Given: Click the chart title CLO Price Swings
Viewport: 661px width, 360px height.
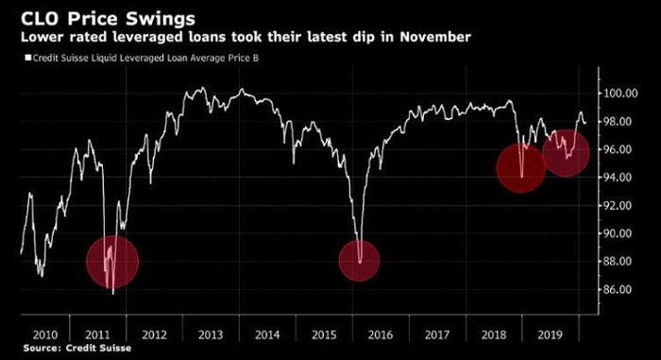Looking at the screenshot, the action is click(x=108, y=18).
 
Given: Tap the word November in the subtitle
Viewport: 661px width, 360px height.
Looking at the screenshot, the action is click(x=435, y=37).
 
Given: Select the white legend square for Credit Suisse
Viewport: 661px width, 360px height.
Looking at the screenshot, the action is click(x=28, y=58).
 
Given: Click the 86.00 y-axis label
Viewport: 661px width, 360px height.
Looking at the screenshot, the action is click(x=618, y=289).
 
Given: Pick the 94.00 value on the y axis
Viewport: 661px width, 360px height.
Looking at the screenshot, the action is click(x=618, y=178).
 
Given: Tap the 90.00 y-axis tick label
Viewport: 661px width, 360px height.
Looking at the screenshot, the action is click(x=618, y=233).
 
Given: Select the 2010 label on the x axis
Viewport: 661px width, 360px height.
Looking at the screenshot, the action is click(x=45, y=334).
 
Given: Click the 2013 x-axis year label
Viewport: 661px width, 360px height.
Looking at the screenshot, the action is click(x=211, y=334).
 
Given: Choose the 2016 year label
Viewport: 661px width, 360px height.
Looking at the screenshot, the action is click(x=381, y=334).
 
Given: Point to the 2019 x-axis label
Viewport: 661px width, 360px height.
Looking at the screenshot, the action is click(x=551, y=334).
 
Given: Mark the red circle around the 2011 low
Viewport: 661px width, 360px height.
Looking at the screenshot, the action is click(x=112, y=262).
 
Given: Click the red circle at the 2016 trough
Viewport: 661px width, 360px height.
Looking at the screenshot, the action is click(x=359, y=261).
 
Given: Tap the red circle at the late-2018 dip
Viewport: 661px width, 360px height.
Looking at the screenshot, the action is click(x=521, y=168).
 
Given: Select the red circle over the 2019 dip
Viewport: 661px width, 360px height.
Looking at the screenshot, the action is click(x=566, y=153).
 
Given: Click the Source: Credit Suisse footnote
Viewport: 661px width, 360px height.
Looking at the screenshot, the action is click(x=77, y=348).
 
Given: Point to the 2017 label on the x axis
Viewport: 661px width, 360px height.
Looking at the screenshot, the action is click(x=437, y=334).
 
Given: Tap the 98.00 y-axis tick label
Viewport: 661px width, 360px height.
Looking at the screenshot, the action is click(x=618, y=122).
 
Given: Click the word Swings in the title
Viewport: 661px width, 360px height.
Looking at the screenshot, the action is click(x=161, y=20).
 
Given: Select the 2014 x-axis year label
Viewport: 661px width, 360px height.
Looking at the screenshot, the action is click(x=267, y=334).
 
